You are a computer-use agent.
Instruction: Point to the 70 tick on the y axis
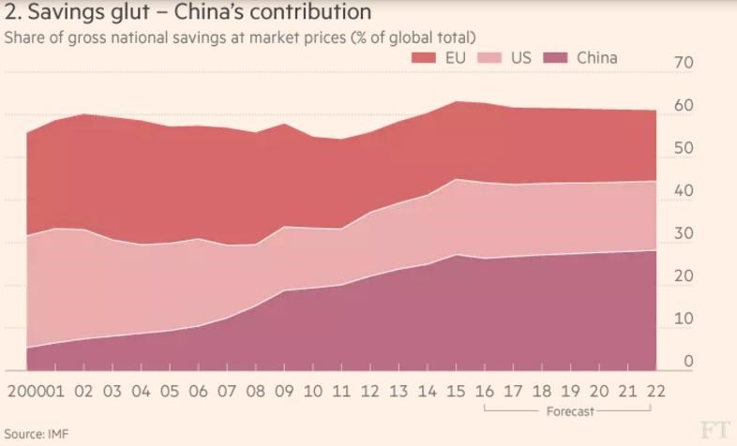tap(683, 63)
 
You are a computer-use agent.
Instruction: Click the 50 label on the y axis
tap(683, 148)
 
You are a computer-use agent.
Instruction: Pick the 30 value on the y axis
tap(683, 233)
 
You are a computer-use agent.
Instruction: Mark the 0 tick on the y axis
tap(688, 361)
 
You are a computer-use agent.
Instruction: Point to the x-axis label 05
tap(170, 391)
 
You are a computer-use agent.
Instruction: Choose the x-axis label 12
tap(371, 391)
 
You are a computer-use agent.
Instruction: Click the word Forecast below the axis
tap(569, 411)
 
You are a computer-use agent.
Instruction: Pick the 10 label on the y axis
tap(683, 319)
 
